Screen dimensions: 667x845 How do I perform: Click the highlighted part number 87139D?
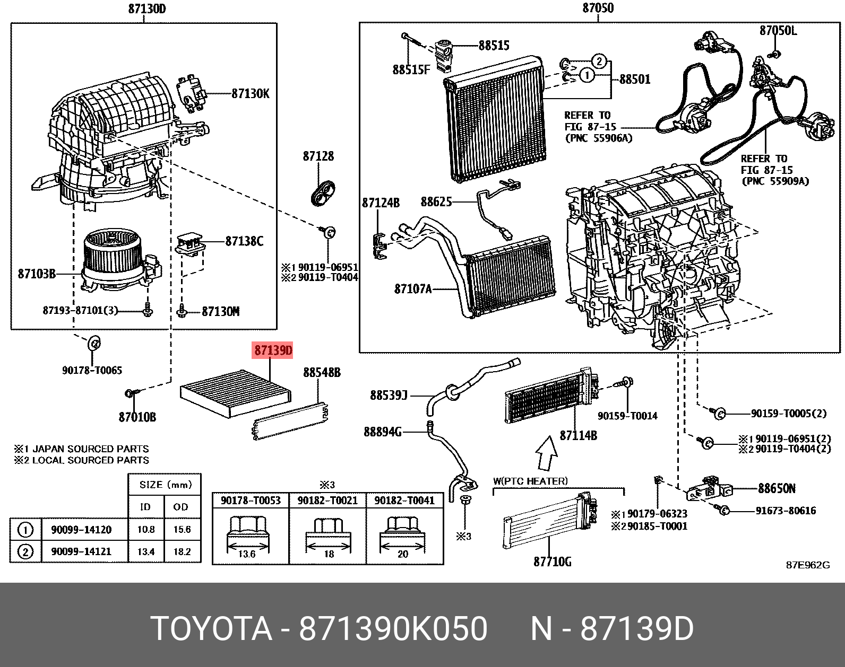tap(273, 350)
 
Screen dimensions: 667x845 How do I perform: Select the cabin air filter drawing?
tap(236, 392)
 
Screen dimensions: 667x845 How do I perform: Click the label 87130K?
tap(250, 94)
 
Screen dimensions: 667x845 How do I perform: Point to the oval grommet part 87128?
tap(322, 193)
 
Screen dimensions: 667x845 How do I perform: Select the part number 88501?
tap(634, 80)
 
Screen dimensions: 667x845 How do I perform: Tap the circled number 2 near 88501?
tap(598, 61)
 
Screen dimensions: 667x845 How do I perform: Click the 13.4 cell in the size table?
tap(145, 551)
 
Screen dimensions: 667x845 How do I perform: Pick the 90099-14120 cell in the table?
tap(81, 530)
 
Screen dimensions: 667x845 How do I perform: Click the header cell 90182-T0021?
tap(327, 500)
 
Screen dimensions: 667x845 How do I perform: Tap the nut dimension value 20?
tap(403, 554)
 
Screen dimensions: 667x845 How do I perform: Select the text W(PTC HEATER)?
tap(530, 481)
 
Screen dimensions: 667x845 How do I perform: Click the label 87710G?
tap(552, 561)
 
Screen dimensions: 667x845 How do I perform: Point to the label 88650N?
tap(776, 488)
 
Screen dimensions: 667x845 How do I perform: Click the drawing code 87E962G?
tap(807, 565)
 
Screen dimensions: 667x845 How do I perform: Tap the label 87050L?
tap(778, 31)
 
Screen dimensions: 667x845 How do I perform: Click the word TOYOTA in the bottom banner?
tap(211, 629)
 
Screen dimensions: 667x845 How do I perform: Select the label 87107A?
tap(412, 289)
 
